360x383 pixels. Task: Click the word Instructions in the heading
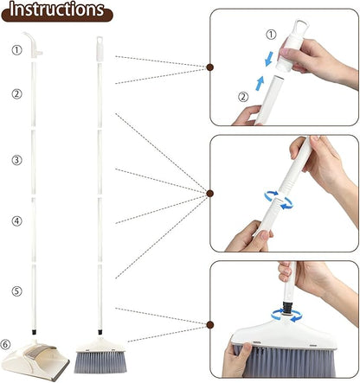coord(57,10)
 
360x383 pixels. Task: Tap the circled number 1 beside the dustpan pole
coord(16,50)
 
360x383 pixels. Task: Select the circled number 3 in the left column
coord(16,160)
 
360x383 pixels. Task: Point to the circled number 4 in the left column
coord(16,221)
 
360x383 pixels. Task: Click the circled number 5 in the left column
coord(16,290)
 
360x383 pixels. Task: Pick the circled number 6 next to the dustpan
coord(5,344)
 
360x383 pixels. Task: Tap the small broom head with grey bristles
coord(100,355)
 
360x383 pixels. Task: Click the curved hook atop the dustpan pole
coord(33,44)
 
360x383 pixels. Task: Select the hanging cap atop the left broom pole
coord(100,48)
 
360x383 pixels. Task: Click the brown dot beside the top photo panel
coord(210,67)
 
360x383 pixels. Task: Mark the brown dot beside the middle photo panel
coord(210,194)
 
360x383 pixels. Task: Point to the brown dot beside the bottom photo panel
coord(210,325)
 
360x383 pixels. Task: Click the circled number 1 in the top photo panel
coord(271,35)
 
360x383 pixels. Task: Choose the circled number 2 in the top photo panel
coord(243,97)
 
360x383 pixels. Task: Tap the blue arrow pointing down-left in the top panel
coord(269,59)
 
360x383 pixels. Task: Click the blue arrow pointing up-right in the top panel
coord(260,83)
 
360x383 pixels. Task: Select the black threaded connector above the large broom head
coord(287,308)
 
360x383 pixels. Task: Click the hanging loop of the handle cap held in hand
coord(301,26)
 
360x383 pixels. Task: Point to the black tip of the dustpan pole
coord(34,332)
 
